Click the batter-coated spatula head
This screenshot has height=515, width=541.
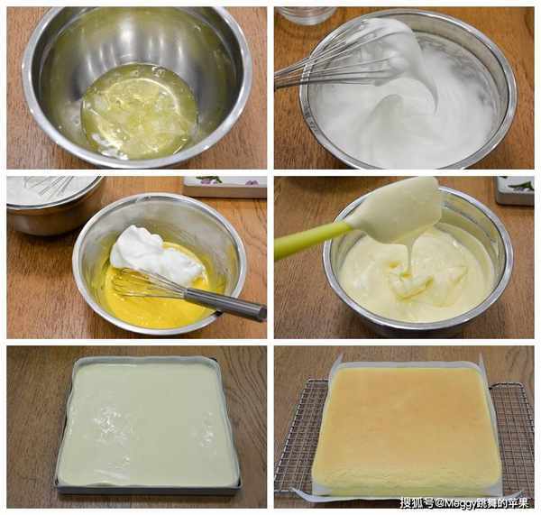397,209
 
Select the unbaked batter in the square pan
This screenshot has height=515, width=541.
148,423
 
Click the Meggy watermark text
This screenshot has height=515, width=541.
464,502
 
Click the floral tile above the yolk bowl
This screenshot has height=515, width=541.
225,187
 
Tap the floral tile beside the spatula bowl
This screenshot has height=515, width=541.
515,190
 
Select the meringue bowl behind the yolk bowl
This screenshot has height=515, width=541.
51,204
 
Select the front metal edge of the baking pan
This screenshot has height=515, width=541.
149,490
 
